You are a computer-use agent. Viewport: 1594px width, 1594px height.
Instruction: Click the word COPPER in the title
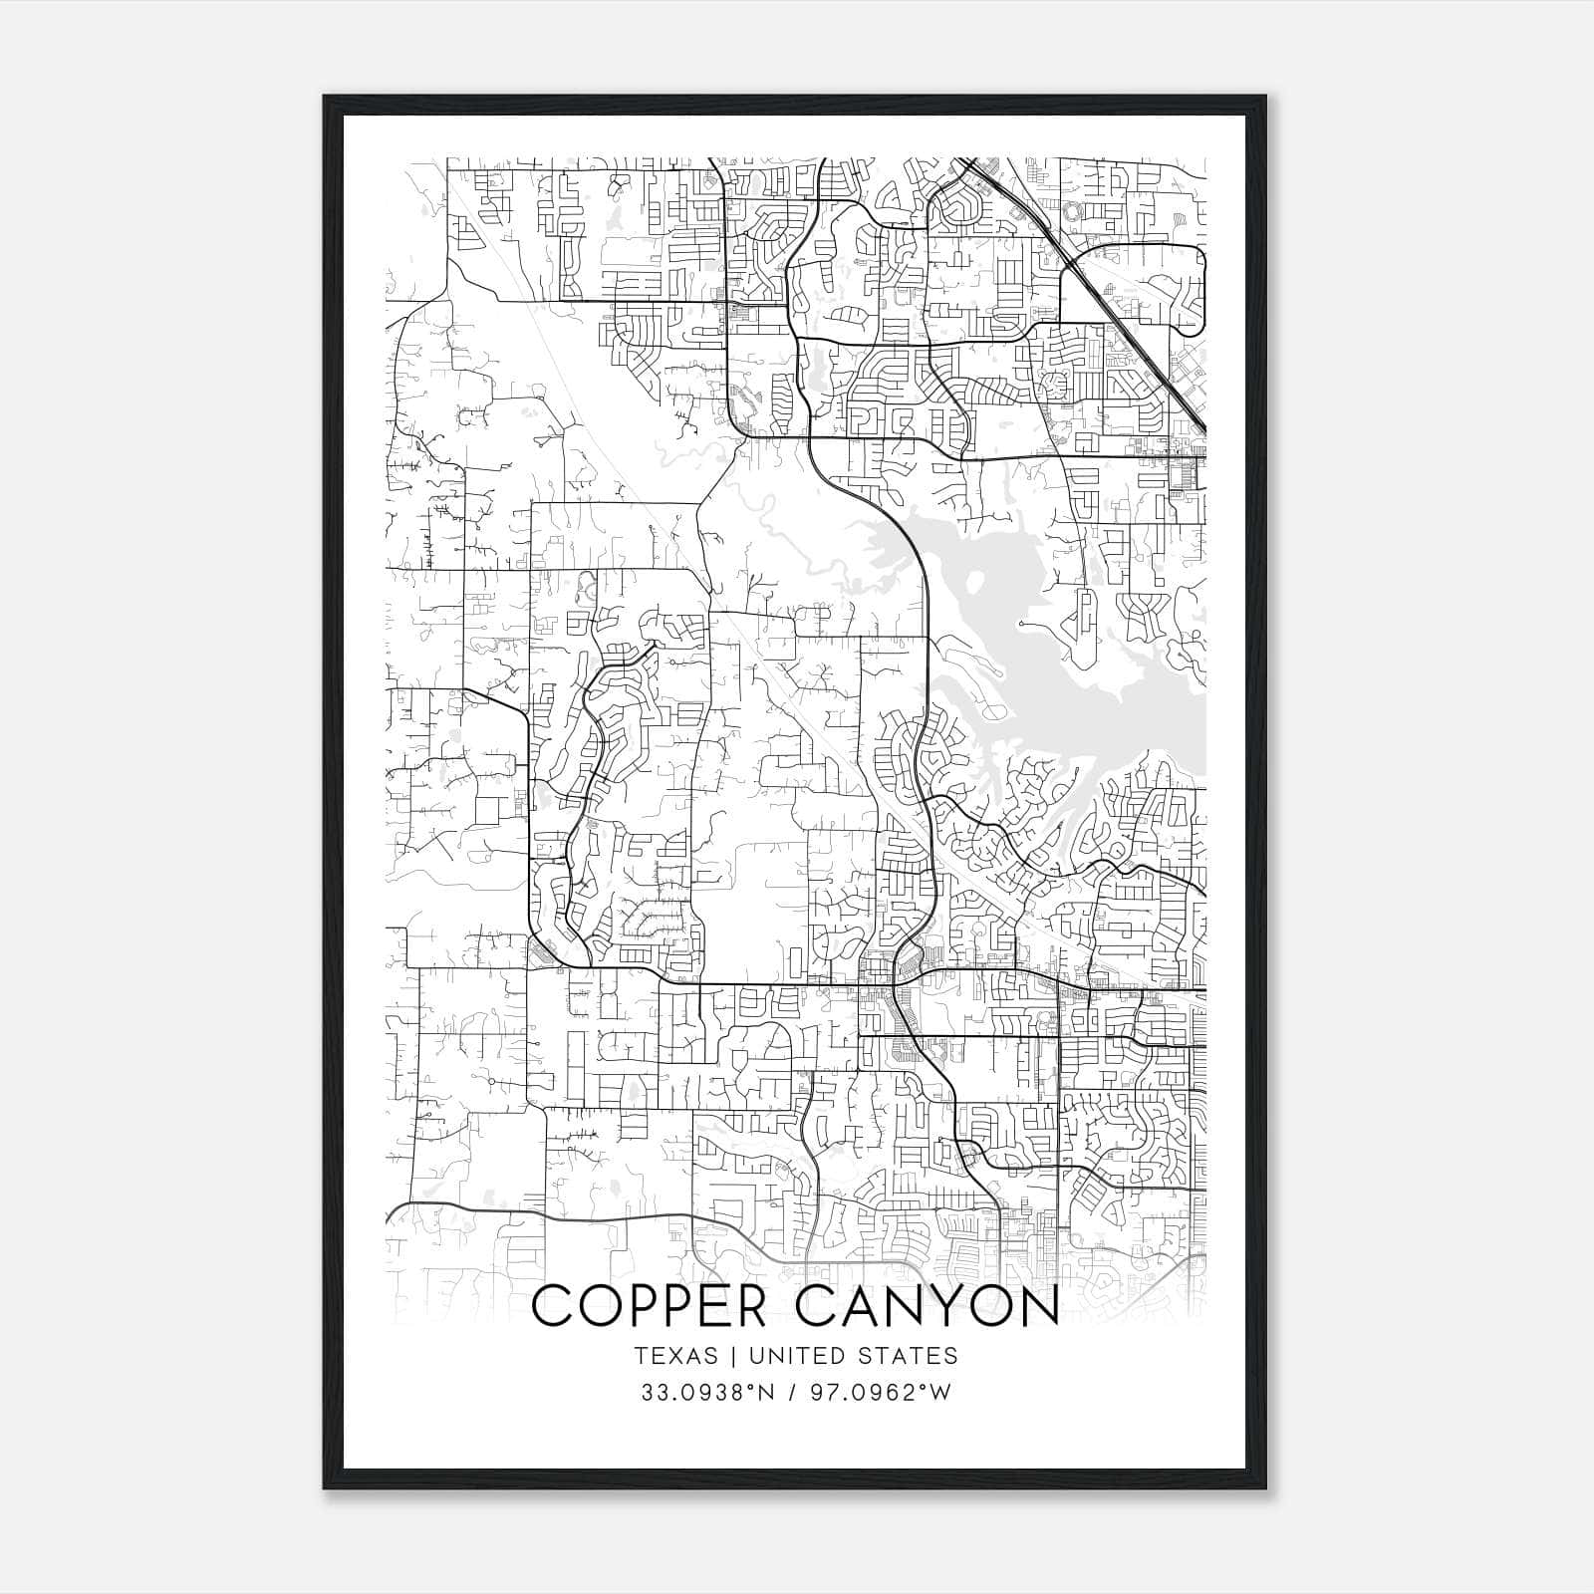(650, 1307)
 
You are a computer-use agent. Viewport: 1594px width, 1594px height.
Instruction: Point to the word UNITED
(788, 1356)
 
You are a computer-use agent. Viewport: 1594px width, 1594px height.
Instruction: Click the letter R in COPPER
(748, 1307)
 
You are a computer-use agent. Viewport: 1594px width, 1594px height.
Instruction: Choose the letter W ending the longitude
(941, 1393)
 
